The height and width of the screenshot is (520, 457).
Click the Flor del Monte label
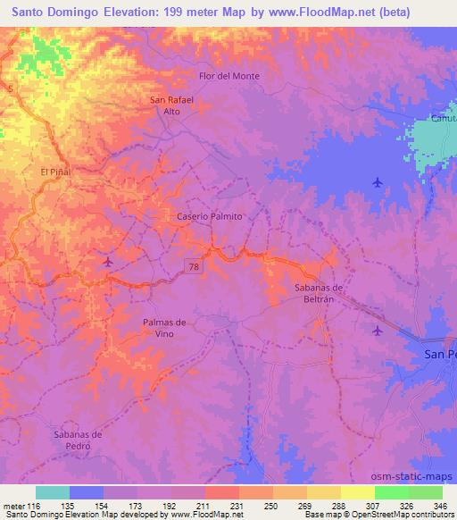[229, 76]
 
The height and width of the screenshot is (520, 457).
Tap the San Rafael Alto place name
[172, 105]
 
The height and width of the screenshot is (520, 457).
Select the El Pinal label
[55, 172]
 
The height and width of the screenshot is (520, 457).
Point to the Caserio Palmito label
[209, 216]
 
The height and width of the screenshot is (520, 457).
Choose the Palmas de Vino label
[164, 327]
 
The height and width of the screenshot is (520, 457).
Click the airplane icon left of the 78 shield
[108, 262]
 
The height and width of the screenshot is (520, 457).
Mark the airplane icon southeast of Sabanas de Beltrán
[377, 331]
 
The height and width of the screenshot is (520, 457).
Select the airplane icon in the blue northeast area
[378, 182]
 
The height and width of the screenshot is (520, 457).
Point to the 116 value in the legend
[34, 504]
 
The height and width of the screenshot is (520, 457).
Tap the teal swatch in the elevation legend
[53, 492]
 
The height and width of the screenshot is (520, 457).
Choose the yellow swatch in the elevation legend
[358, 492]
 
